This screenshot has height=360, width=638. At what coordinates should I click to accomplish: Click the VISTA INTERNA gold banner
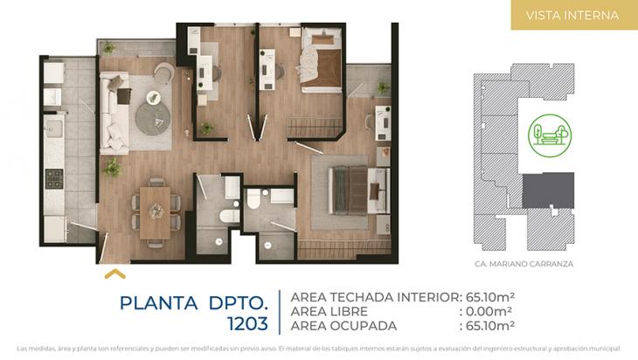point(573,16)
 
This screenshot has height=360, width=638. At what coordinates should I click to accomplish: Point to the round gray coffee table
point(154,113)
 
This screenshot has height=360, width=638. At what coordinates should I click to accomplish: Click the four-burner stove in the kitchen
point(54,180)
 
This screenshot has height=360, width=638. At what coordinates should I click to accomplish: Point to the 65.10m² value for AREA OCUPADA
point(489,326)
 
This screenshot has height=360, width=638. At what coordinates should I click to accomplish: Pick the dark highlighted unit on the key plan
point(547,190)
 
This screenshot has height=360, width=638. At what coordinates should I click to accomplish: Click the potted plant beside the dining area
point(112,166)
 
